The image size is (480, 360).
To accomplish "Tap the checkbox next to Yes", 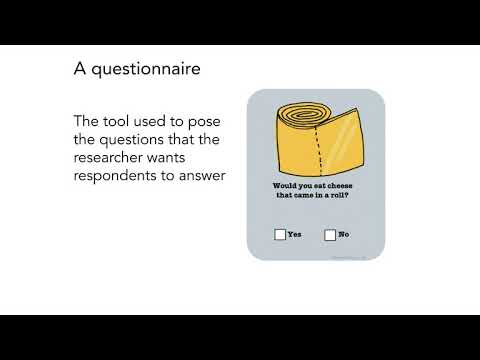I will (280, 235).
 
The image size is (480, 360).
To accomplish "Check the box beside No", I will (330, 235).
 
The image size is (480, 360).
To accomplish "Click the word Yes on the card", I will (295, 235).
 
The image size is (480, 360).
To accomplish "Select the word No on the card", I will (344, 235).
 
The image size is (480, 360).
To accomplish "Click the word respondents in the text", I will (120, 176).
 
